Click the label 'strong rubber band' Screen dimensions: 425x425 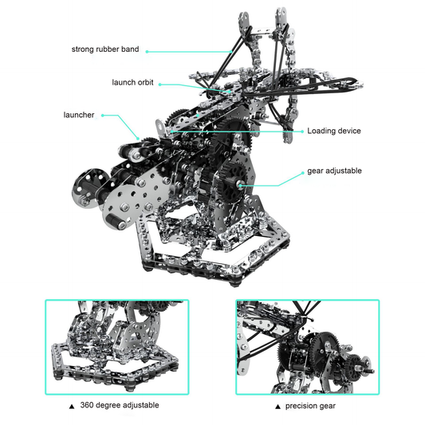point(105,49)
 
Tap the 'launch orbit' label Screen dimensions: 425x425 point(133,83)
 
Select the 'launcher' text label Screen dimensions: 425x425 point(79,115)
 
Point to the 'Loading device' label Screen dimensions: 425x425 point(334,131)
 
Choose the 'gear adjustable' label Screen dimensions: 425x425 point(334,171)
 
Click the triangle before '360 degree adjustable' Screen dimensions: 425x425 point(72,406)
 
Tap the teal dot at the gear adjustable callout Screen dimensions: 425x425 point(238,186)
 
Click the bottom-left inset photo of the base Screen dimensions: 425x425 point(117,346)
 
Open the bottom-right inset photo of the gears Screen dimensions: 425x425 point(307,346)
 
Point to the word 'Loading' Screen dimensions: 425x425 point(322,131)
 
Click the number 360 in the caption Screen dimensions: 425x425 point(86,405)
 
